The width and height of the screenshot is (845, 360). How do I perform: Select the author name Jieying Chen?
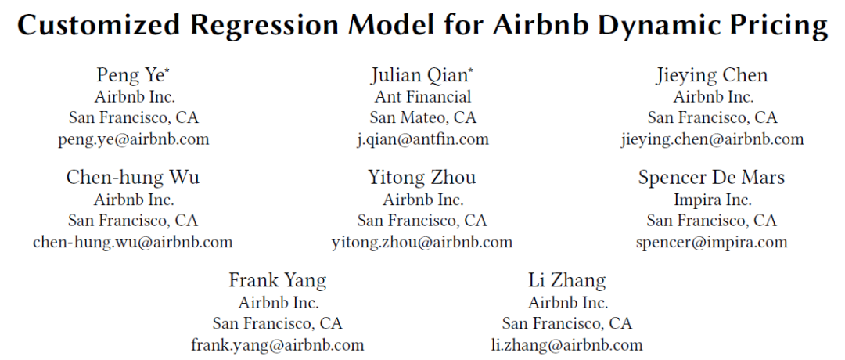coord(712,76)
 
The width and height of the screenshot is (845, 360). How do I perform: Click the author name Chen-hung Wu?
coord(133,178)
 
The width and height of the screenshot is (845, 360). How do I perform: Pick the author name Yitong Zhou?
coord(422,178)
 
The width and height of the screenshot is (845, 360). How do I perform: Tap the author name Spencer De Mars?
coord(711,178)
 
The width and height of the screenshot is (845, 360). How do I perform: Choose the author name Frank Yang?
coord(278,280)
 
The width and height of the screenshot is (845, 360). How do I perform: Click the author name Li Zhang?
coord(567,280)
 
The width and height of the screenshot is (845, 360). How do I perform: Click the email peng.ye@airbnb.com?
coord(134,139)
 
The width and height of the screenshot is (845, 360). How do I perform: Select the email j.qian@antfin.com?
coord(422,139)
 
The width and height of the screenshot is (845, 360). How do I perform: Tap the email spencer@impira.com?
coord(711,242)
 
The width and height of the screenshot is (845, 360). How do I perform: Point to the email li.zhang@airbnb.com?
coord(567,344)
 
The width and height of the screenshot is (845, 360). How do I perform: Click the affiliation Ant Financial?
coord(422,96)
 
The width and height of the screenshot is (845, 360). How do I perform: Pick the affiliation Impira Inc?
coord(713,200)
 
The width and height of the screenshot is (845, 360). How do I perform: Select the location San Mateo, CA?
coord(423,117)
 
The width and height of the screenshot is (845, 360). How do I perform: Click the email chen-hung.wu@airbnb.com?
coord(132,242)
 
